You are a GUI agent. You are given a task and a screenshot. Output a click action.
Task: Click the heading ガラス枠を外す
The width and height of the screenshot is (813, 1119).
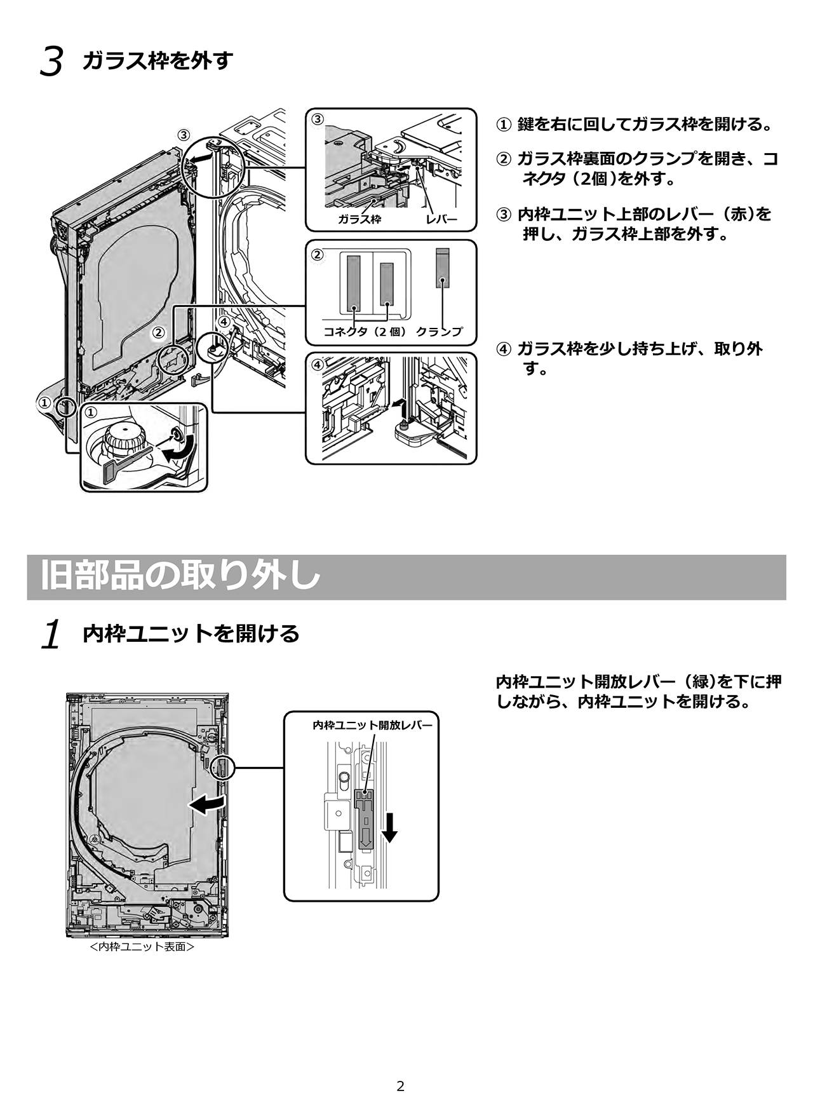[x=158, y=62]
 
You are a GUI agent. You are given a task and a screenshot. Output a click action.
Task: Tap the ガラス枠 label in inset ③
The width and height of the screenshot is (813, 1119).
[x=359, y=219]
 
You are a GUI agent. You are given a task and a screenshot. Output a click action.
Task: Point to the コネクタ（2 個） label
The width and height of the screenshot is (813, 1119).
[x=365, y=332]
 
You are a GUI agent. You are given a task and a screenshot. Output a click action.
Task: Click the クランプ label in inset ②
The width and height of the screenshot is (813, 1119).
[x=439, y=332]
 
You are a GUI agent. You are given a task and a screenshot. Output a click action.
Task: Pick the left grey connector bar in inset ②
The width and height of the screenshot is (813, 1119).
[x=353, y=280]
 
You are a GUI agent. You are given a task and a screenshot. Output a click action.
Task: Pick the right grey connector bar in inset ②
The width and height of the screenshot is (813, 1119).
[x=386, y=280]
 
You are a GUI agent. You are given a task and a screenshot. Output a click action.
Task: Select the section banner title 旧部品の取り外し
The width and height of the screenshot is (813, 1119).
[x=180, y=576]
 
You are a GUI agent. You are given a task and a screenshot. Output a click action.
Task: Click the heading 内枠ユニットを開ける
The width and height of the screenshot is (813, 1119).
[x=191, y=634]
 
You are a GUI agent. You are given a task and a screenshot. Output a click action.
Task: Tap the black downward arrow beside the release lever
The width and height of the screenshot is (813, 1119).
[x=390, y=827]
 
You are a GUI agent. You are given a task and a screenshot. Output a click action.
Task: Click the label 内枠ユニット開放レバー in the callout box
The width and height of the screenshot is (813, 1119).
[x=372, y=725]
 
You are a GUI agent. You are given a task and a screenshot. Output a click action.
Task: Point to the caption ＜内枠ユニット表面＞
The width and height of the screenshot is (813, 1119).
[x=142, y=947]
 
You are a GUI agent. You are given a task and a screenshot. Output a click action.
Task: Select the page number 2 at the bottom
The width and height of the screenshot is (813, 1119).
[x=400, y=1087]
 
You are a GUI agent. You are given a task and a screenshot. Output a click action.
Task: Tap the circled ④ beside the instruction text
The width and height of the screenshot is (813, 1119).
[x=503, y=349]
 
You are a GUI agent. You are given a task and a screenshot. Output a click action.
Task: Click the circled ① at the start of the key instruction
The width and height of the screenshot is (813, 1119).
[x=502, y=125]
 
